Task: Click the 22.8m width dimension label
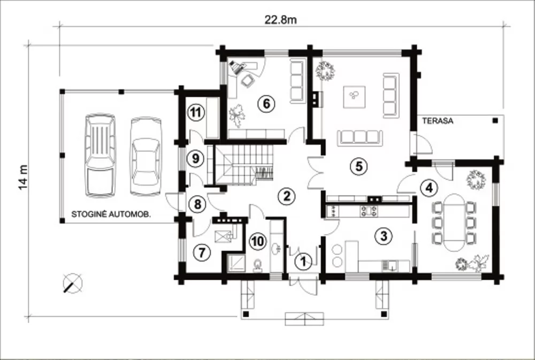(280, 20)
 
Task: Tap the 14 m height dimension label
(22, 177)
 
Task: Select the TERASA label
(438, 121)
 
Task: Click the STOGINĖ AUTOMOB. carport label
(111, 215)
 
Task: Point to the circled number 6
(266, 103)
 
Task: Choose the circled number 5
(358, 166)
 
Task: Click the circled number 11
(195, 112)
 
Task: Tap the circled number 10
(258, 241)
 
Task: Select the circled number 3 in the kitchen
(384, 235)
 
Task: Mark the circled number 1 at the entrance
(303, 262)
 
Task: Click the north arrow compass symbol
(73, 283)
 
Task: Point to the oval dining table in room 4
(454, 223)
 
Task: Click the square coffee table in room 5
(354, 97)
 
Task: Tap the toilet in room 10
(258, 265)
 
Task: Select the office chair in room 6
(247, 81)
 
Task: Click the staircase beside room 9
(243, 164)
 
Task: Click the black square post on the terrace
(495, 120)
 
